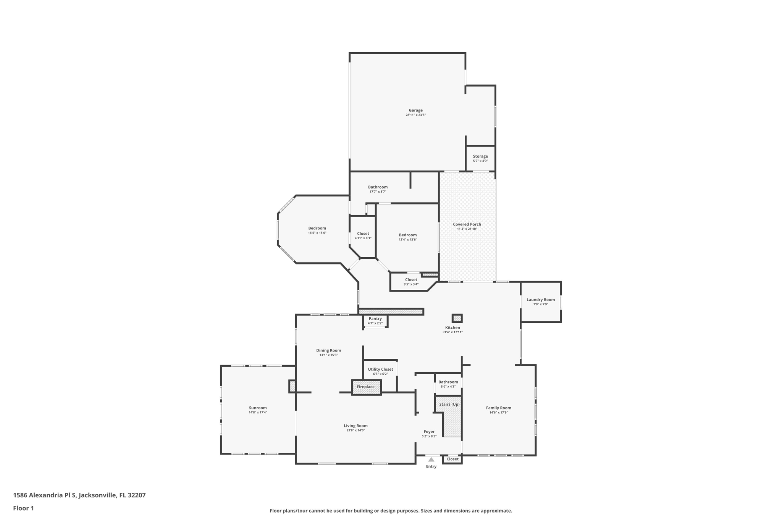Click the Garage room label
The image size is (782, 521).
click(x=415, y=110)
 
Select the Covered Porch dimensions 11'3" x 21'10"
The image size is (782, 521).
click(x=467, y=229)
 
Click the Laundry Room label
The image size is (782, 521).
click(x=540, y=300)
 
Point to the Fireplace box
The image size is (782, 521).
click(x=366, y=387)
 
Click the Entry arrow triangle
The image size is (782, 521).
click(x=431, y=460)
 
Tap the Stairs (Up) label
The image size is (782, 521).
click(x=449, y=404)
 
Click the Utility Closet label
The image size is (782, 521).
click(x=380, y=369)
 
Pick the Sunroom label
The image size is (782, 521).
click(x=258, y=408)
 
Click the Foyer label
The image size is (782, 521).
click(x=429, y=432)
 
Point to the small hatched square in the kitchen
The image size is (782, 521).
click(x=457, y=318)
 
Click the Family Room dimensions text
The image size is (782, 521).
click(x=498, y=413)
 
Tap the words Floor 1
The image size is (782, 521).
click(x=23, y=508)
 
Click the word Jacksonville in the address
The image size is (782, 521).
click(x=97, y=495)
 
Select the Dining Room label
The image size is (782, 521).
click(x=328, y=350)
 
